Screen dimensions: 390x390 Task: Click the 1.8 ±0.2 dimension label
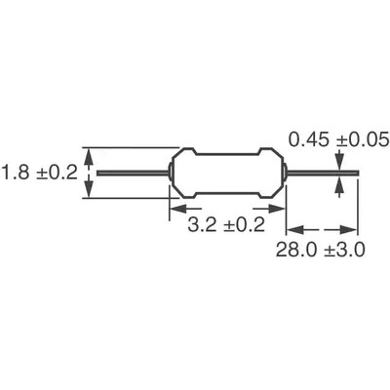coord(38,174)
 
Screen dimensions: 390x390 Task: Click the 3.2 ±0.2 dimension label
coord(224,226)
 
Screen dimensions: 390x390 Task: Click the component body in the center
coord(227,174)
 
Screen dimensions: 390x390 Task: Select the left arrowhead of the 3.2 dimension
coord(178,207)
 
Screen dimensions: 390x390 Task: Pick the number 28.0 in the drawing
coord(294,250)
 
